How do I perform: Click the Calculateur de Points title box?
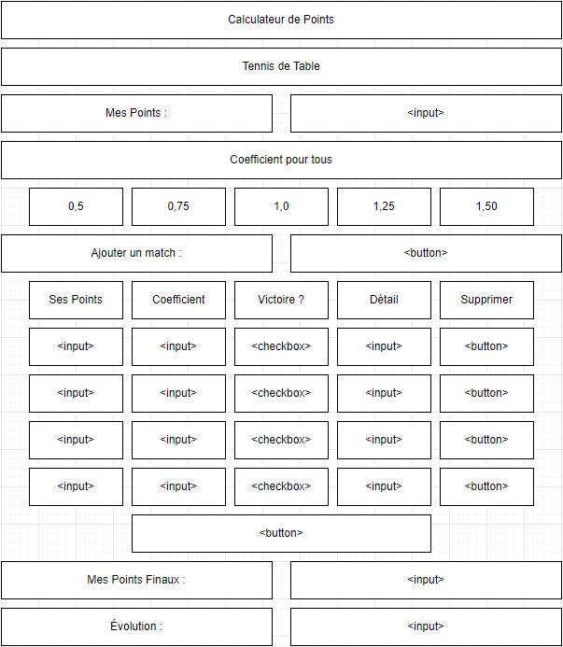point(281,20)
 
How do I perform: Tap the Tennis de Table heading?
point(281,66)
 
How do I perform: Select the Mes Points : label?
point(136,113)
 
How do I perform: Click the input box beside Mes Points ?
point(426,113)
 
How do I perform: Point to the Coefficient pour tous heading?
point(281,160)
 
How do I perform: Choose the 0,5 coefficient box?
point(76,206)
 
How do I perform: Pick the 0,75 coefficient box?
point(178,206)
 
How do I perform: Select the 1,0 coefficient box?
point(282,206)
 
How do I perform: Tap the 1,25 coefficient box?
point(384,206)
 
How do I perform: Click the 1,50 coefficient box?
point(486,206)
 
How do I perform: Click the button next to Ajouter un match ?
point(426,253)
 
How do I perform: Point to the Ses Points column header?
point(76,300)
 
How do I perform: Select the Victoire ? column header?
point(282,300)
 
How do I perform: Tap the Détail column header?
point(384,300)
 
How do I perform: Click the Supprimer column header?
point(486,300)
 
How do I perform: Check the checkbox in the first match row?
point(282,346)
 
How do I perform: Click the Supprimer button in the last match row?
point(486,486)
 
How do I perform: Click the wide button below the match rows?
point(282,533)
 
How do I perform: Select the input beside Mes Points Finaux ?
point(426,580)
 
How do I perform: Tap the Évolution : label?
point(136,626)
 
